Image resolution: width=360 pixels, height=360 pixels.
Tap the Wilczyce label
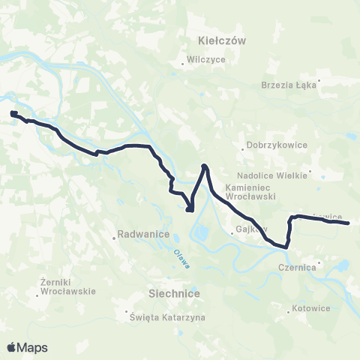[x=207, y=59]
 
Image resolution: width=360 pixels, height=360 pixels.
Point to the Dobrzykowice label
[x=271, y=147]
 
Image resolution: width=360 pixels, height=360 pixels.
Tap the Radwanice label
[x=139, y=235]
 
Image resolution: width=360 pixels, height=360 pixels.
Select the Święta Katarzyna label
[x=169, y=318]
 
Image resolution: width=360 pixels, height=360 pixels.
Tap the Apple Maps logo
[x=27, y=347]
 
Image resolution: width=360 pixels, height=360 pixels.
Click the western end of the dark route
[x=13, y=113]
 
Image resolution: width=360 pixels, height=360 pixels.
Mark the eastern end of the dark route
[x=349, y=223]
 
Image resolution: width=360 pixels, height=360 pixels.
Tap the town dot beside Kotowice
[x=289, y=307]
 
